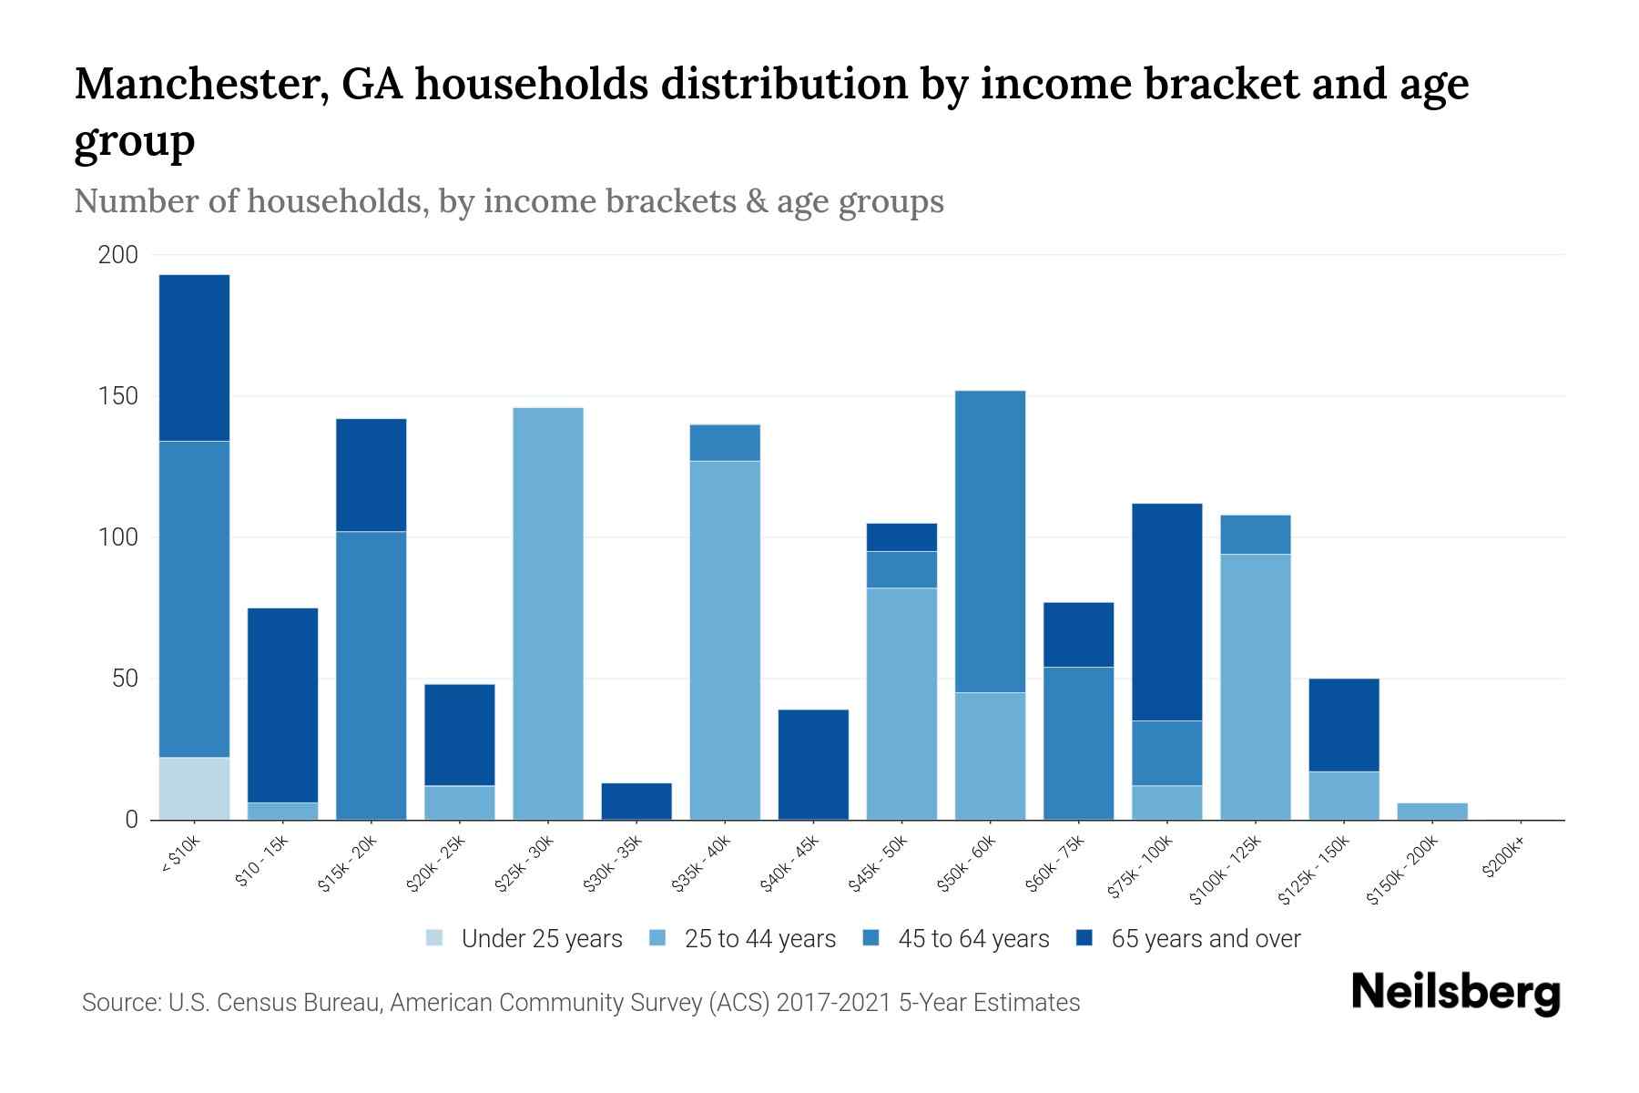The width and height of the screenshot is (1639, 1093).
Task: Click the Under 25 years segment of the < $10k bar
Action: click(x=194, y=788)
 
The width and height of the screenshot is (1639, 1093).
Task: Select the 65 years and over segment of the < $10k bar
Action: click(x=194, y=357)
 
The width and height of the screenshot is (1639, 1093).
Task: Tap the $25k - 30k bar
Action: click(x=548, y=613)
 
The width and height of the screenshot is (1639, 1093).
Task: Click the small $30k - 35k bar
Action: click(x=636, y=802)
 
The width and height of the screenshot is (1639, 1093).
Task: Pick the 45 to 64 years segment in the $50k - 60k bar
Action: click(x=990, y=541)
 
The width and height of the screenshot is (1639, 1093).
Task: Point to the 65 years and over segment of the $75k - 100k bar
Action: click(x=1166, y=611)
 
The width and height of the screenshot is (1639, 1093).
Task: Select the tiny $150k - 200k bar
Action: click(x=1431, y=811)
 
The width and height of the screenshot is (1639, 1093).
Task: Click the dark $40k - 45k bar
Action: click(x=813, y=764)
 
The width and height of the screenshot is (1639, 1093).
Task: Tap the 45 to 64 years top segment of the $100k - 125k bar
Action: click(x=1255, y=535)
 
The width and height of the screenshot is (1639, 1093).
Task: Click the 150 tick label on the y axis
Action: click(x=117, y=396)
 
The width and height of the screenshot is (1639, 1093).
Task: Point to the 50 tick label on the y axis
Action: click(x=124, y=679)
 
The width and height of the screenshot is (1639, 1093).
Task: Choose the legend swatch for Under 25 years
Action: click(x=435, y=937)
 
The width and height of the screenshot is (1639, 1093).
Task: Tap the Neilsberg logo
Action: click(x=1455, y=993)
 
